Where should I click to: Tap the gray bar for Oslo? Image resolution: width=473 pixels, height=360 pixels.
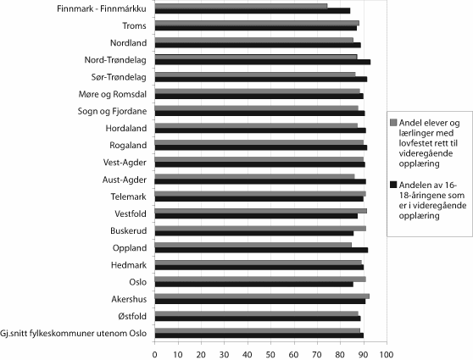260,279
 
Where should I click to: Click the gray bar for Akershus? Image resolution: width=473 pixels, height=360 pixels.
262,296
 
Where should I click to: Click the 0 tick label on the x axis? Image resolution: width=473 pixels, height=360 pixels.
155,351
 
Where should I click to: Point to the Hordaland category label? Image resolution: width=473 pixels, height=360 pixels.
126,129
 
